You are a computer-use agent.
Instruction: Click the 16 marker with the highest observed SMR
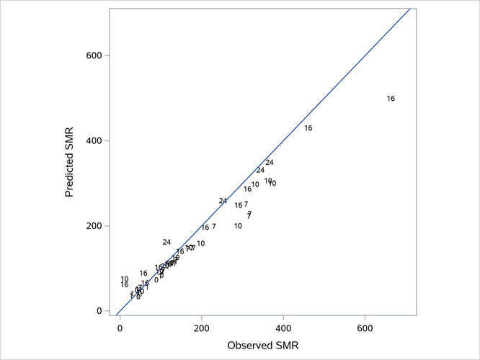tap(391, 99)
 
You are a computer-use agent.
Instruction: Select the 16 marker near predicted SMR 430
tap(308, 128)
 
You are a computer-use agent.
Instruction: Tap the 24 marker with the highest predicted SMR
tap(270, 163)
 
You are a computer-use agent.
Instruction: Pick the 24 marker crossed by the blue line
tap(223, 201)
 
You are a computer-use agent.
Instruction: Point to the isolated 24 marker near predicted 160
tap(166, 243)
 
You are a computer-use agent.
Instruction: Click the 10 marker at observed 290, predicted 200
tap(238, 226)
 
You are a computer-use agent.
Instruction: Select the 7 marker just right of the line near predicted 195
tap(213, 227)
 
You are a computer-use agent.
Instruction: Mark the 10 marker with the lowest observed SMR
tap(124, 279)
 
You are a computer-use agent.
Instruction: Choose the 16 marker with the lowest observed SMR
tap(124, 285)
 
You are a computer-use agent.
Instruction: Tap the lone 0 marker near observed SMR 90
tap(156, 280)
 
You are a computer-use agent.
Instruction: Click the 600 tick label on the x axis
tap(365, 328)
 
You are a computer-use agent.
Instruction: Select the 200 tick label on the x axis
tap(202, 328)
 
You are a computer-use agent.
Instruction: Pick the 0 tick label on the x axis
tap(120, 328)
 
